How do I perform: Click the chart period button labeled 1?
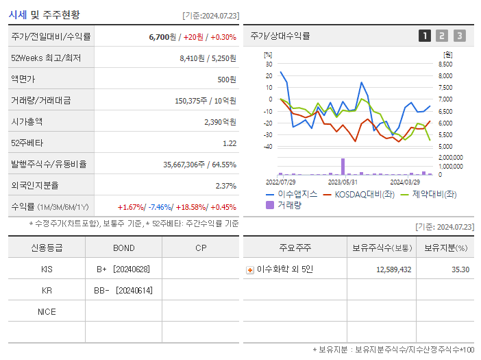point(425,36)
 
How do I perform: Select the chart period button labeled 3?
point(459,36)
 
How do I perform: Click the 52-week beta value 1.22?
point(230,143)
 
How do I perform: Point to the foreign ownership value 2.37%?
point(225,186)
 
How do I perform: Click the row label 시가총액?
point(27,122)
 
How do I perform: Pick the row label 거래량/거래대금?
point(40,101)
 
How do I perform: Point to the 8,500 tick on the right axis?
point(445,64)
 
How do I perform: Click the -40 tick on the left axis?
point(267,147)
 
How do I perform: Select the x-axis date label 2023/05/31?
point(343,182)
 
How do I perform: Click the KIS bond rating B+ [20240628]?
point(124,269)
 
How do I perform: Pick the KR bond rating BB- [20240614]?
point(124,291)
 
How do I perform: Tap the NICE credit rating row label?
point(47,312)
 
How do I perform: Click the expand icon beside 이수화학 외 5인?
point(250,270)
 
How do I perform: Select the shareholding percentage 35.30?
point(460,269)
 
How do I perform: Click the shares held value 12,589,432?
point(393,269)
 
